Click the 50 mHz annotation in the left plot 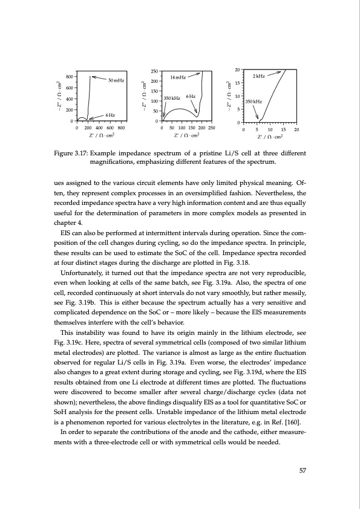[x=117, y=80]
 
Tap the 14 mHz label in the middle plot [x=178, y=78]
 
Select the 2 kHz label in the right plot [x=259, y=77]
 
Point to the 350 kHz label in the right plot [x=254, y=102]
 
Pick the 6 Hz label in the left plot [x=111, y=115]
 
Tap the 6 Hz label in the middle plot [x=191, y=97]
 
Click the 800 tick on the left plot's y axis [x=70, y=77]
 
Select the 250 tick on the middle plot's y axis [x=154, y=72]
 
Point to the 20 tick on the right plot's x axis [x=296, y=129]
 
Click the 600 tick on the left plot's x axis [x=110, y=128]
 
